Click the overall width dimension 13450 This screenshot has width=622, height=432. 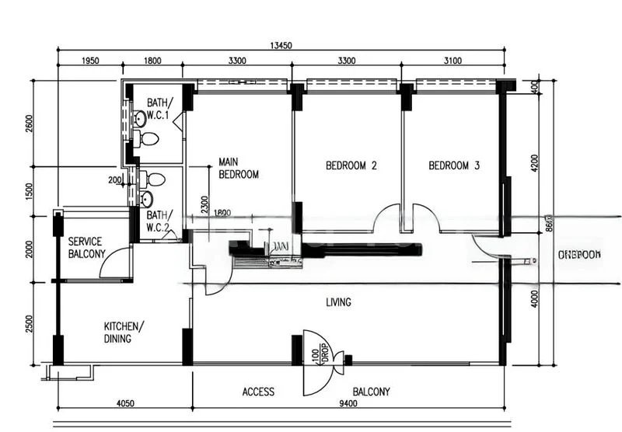(x=281, y=46)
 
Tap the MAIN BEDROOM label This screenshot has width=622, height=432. (x=238, y=169)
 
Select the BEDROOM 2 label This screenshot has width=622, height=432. (x=351, y=165)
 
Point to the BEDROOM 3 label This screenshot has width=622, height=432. (x=454, y=165)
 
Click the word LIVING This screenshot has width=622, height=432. (x=338, y=301)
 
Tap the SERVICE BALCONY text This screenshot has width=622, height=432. (x=86, y=248)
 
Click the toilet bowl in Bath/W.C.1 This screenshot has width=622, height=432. (x=149, y=139)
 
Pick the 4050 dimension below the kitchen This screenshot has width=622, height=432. (x=124, y=402)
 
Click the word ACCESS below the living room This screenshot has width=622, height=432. (x=258, y=392)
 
